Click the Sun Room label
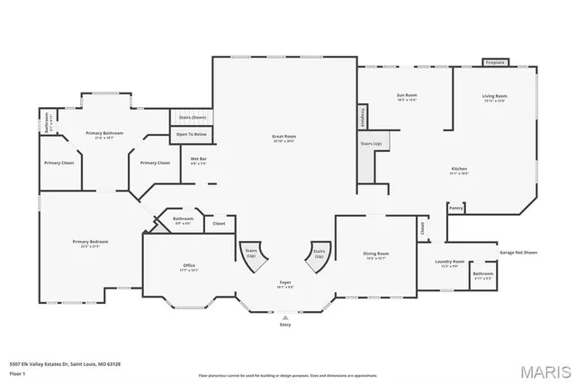point(408,95)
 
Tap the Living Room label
point(495,96)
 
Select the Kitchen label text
point(459,169)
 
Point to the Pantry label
point(456,208)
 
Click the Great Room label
point(284,138)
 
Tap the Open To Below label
point(191,134)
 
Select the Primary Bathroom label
point(104,133)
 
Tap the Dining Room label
point(375,254)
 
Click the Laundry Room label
point(448,262)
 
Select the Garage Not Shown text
point(518,253)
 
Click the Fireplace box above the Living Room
point(495,63)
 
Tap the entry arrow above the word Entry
point(285,317)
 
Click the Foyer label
point(284,283)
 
